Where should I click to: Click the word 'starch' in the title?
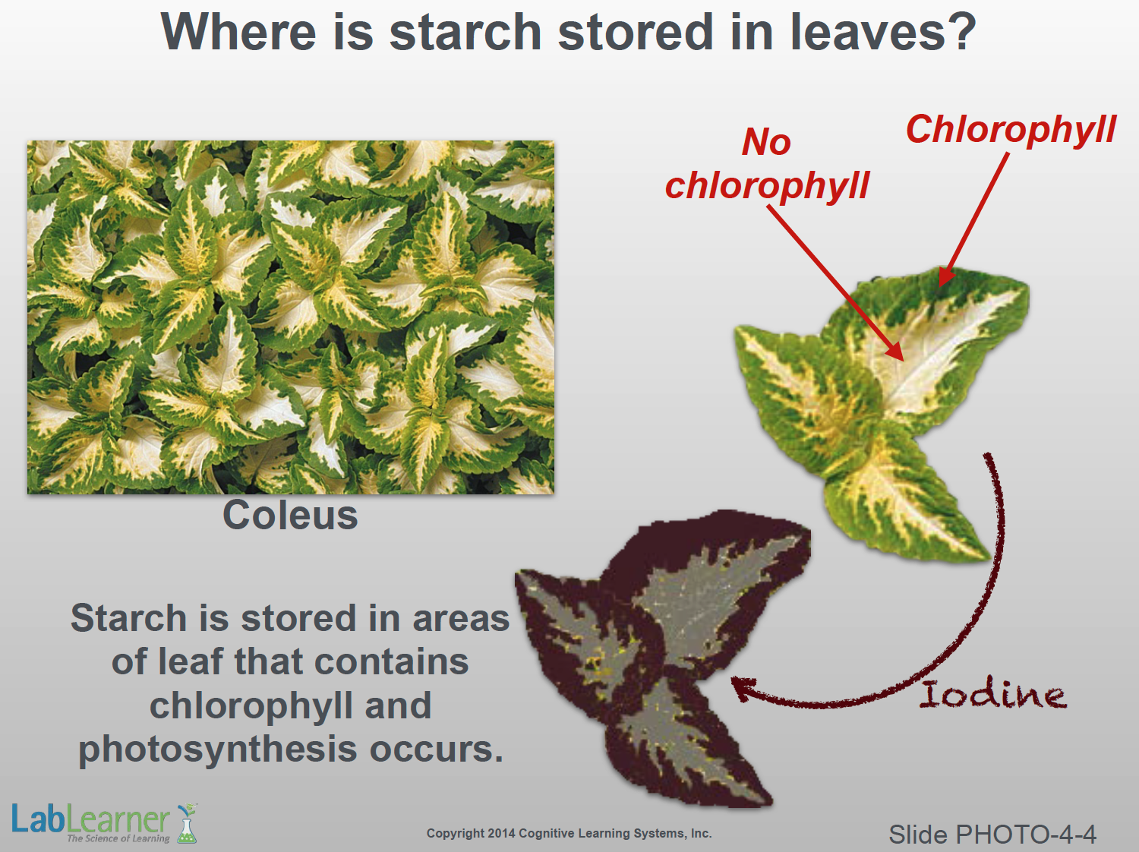(465, 32)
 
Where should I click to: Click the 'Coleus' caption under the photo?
(290, 516)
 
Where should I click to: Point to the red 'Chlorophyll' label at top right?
(1011, 130)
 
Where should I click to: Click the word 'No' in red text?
(766, 142)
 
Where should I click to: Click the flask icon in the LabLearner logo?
(187, 823)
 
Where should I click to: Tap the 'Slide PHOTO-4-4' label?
(992, 835)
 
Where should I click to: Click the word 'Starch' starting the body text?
(128, 619)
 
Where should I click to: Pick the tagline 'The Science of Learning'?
(118, 838)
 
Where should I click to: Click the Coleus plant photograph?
(291, 317)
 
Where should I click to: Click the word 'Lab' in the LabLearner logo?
(39, 819)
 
